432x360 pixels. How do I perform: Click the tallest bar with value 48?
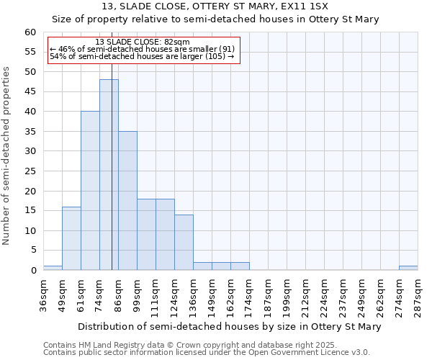[x=109, y=175]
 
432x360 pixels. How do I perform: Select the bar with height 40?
[x=90, y=191]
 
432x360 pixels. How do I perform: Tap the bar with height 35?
[x=127, y=201]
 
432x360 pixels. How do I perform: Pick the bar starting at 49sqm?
[x=71, y=238]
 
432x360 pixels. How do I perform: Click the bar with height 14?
[x=184, y=243]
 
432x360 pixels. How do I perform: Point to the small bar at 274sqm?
[x=408, y=268]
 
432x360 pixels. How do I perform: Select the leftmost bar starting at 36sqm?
[x=53, y=268]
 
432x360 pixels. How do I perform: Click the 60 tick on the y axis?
[x=30, y=32]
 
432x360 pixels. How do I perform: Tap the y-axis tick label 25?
[x=30, y=171]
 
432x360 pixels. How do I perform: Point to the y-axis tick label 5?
[x=33, y=251]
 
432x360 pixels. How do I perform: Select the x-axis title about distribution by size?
[x=229, y=327]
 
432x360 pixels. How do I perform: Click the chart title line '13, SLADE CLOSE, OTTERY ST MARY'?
[x=215, y=6]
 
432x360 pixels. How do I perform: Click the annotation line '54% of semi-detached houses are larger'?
[x=142, y=56]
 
